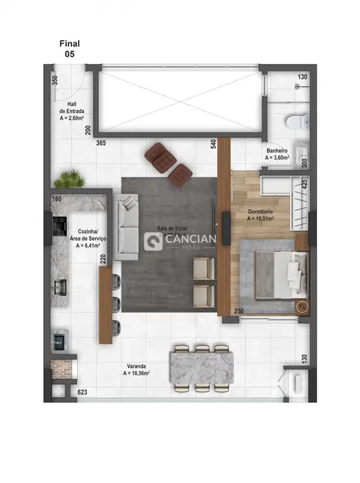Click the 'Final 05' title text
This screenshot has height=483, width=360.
(x=70, y=49)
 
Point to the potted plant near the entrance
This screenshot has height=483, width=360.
(x=71, y=178)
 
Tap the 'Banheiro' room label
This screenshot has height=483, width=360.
(x=278, y=154)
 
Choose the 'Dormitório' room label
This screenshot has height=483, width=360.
(x=261, y=215)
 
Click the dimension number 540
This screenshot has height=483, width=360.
(x=213, y=143)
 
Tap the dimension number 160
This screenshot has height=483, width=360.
(x=57, y=199)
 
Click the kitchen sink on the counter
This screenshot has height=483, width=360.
(x=60, y=285)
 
